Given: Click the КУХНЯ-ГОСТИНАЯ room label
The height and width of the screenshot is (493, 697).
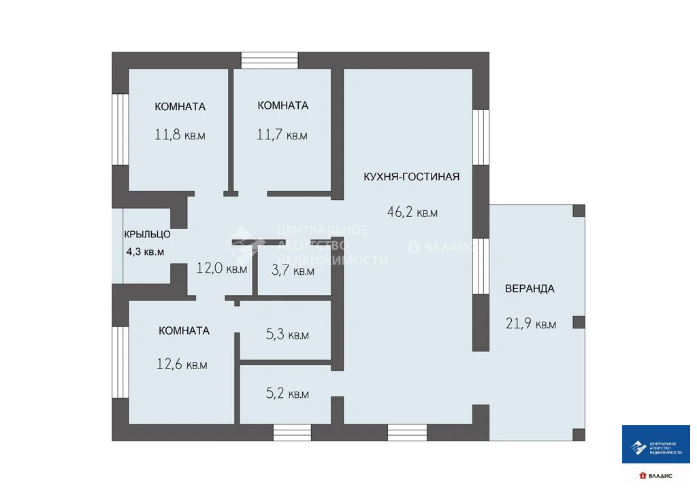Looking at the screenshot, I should (x=411, y=177).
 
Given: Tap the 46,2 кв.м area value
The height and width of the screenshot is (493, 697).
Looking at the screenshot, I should (x=412, y=212).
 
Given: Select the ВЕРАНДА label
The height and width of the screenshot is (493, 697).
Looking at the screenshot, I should (x=530, y=288).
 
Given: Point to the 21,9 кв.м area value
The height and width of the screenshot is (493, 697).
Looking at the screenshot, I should (x=531, y=324).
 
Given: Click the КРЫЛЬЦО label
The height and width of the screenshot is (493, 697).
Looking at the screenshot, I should (x=147, y=235).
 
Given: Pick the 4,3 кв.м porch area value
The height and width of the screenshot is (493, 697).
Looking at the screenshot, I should (x=145, y=252).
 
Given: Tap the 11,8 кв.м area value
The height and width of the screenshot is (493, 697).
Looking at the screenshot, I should (x=180, y=135).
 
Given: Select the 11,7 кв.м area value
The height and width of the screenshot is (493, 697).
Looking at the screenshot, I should (x=282, y=135).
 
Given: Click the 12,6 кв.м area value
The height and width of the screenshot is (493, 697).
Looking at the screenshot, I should (x=182, y=364).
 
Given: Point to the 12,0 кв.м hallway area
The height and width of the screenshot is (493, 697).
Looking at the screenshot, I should (x=221, y=269).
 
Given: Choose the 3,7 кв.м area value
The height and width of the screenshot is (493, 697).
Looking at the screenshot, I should (x=293, y=271).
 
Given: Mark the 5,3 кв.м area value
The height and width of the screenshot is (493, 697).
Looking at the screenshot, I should (x=287, y=335).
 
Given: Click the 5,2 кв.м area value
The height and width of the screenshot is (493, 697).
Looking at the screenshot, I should (x=287, y=394).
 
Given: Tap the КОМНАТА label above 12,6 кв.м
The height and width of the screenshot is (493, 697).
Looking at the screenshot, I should (x=184, y=330).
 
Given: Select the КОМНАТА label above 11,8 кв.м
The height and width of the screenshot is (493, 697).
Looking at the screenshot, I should (x=180, y=107).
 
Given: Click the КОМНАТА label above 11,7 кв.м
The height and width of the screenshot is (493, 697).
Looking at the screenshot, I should (x=282, y=105).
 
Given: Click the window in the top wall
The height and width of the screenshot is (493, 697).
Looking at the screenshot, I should (x=270, y=60).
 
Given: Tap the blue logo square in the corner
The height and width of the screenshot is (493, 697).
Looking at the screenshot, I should (x=655, y=445).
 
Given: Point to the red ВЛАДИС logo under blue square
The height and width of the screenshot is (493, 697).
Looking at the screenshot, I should (x=655, y=476).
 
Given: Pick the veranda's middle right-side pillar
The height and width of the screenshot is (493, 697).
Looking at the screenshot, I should (x=579, y=322).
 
